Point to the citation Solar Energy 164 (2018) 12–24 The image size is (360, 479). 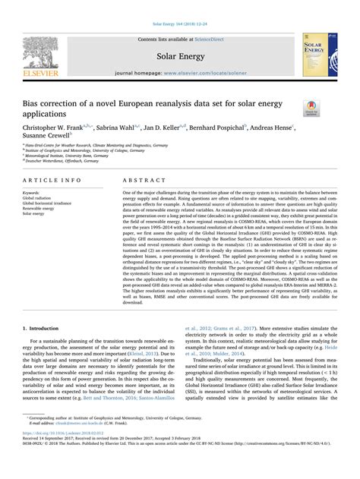tap(179, 5)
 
